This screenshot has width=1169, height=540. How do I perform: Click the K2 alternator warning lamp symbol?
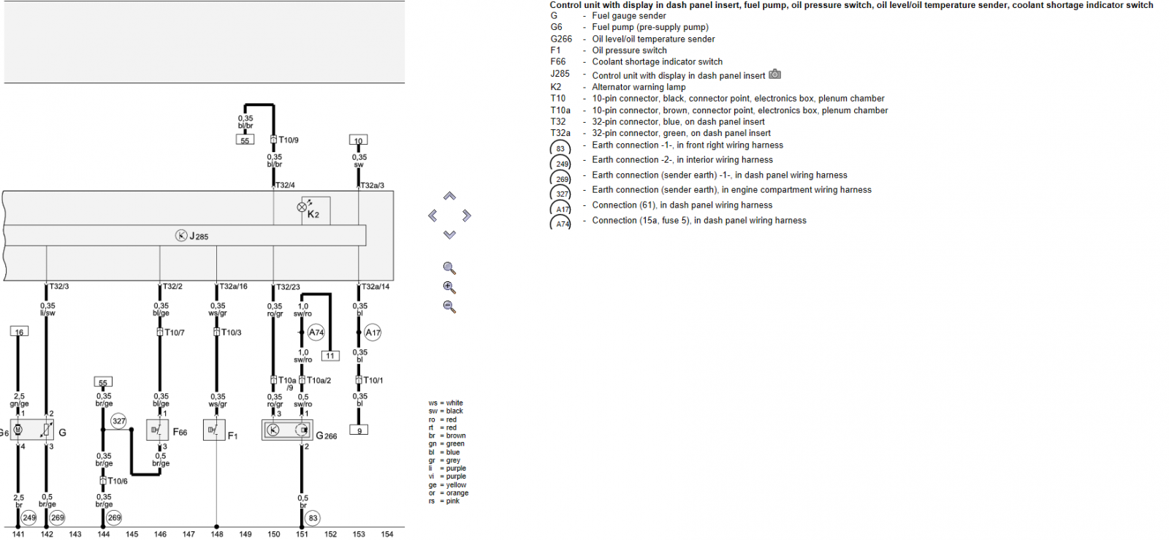pyautogui.click(x=302, y=207)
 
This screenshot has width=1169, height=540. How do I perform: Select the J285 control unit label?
pyautogui.click(x=198, y=236)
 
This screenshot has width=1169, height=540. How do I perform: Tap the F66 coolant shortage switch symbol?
pyautogui.click(x=157, y=430)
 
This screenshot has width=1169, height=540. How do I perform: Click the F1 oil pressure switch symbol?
pyautogui.click(x=214, y=430)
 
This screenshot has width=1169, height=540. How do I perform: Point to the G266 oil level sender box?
pyautogui.click(x=288, y=430)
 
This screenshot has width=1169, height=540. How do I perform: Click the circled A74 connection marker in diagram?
pyautogui.click(x=316, y=332)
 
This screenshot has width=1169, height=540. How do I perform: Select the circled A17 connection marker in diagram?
pyautogui.click(x=373, y=332)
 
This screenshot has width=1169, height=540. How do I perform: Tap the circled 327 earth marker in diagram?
pyautogui.click(x=118, y=421)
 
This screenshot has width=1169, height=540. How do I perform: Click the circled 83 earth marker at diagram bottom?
pyautogui.click(x=313, y=518)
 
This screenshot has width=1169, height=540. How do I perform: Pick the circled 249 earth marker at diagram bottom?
pyautogui.click(x=28, y=518)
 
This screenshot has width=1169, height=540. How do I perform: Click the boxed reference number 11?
pyautogui.click(x=330, y=356)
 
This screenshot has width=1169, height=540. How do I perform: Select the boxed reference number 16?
pyautogui.click(x=19, y=332)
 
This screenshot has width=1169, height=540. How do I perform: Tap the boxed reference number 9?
pyautogui.click(x=359, y=430)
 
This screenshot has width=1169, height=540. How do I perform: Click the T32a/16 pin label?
pyautogui.click(x=233, y=286)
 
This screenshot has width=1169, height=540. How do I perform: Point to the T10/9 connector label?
pyautogui.click(x=289, y=140)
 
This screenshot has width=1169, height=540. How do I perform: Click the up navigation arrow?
pyautogui.click(x=449, y=196)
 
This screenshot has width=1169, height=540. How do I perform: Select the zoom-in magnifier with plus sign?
pyautogui.click(x=449, y=287)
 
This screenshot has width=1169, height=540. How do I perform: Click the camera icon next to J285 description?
pyautogui.click(x=775, y=74)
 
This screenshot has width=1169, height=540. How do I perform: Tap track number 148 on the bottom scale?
pyautogui.click(x=217, y=533)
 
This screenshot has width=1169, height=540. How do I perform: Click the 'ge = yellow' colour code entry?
pyautogui.click(x=447, y=484)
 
